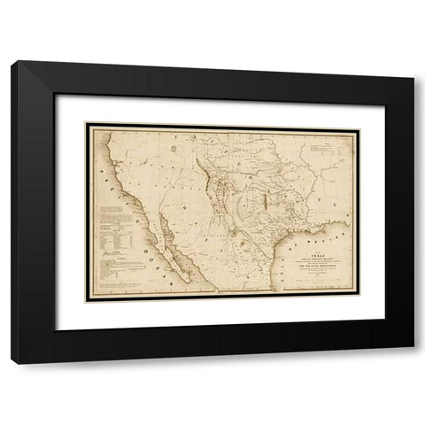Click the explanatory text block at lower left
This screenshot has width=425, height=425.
coord(119,230)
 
